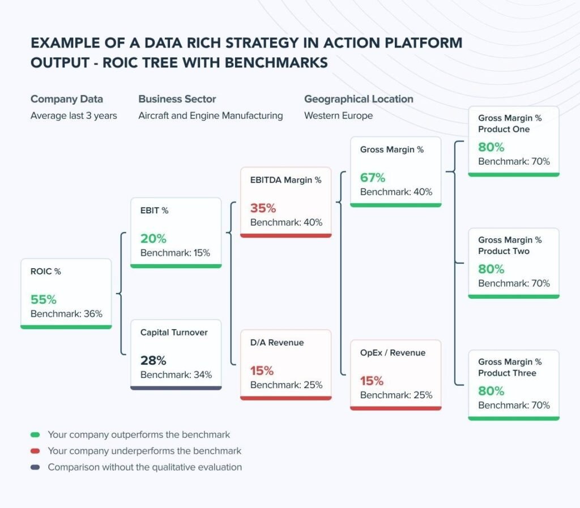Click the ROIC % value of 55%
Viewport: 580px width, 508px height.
coord(44,300)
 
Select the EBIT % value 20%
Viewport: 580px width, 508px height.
coord(153,239)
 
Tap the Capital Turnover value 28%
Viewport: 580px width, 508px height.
coord(153,360)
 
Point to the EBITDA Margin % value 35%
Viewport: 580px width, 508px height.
coord(263,208)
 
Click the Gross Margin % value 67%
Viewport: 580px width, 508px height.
coord(373,178)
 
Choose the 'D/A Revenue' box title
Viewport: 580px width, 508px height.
coord(277,342)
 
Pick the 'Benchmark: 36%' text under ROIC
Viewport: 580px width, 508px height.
coord(66,313)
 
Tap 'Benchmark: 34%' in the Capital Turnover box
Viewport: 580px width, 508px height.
coord(176,374)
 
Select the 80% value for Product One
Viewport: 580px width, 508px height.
coord(491,147)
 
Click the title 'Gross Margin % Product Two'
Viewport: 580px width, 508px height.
coord(509,246)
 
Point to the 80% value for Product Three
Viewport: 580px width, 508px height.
coord(491,391)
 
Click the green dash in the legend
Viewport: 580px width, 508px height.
coord(35,435)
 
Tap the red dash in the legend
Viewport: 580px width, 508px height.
coord(35,451)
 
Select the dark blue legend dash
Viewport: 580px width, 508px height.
coord(35,467)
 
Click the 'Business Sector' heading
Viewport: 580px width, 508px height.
coord(177,99)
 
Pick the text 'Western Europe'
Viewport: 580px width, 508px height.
coord(338,115)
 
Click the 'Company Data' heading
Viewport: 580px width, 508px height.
coord(67,99)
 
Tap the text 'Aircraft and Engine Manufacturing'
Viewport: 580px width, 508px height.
coord(210,115)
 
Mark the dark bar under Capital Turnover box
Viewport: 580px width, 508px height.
coord(176,388)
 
